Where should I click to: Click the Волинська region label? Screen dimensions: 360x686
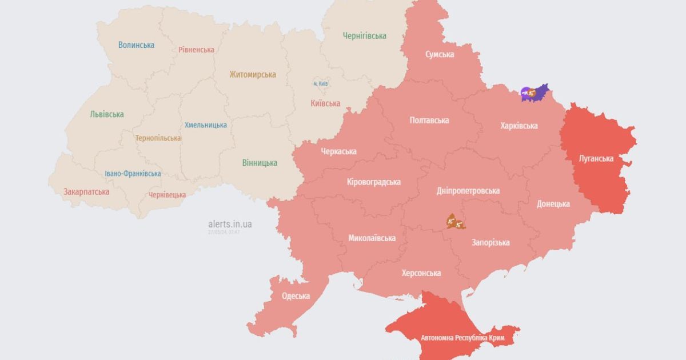[136, 45]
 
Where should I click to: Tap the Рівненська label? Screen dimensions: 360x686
[196, 50]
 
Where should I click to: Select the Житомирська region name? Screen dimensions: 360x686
[252, 74]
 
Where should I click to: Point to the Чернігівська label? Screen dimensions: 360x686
[364, 36]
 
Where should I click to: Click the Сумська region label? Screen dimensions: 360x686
[440, 54]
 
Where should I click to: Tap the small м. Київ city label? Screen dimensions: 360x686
[320, 83]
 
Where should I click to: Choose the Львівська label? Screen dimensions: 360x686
[106, 114]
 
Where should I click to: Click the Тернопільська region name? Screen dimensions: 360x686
[158, 138]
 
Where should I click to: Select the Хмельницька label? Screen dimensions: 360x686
[205, 125]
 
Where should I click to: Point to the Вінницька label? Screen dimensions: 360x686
[259, 163]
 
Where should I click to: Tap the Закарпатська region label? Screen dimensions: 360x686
[86, 191]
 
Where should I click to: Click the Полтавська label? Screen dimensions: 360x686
[429, 121]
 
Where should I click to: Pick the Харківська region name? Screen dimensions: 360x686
[519, 126]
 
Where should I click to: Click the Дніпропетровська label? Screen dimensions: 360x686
[468, 191]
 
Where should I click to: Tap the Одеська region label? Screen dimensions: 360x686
[296, 296]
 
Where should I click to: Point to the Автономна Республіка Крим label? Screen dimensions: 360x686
[462, 338]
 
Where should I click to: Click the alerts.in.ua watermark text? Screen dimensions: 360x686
[230, 224]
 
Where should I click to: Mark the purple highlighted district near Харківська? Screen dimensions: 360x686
[535, 93]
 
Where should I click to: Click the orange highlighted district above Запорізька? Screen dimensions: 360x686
[456, 222]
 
